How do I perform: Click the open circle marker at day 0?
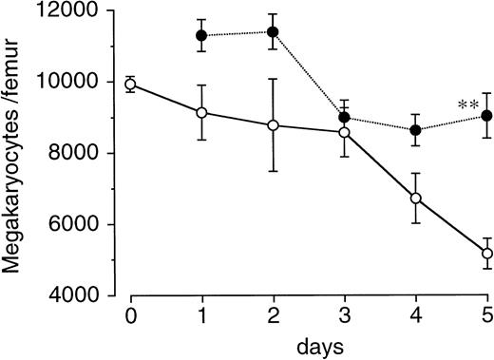(x=130, y=85)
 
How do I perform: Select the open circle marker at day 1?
(x=201, y=113)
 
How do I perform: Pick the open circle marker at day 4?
(x=415, y=198)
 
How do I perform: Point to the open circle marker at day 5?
(x=486, y=254)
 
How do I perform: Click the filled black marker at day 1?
(x=201, y=35)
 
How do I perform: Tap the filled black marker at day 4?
(x=415, y=130)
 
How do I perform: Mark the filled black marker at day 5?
(x=486, y=116)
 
